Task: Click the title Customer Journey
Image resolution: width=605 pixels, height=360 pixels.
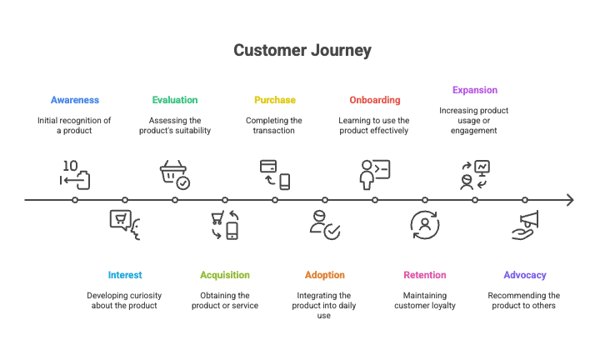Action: pos(302,50)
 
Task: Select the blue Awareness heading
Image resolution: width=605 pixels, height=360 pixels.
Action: pos(75,100)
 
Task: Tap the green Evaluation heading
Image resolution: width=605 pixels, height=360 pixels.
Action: pos(175,100)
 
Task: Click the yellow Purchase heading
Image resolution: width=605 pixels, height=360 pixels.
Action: pos(275,100)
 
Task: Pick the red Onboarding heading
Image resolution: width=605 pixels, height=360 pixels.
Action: pos(375,100)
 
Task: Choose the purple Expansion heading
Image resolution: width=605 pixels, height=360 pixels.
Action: pos(475,90)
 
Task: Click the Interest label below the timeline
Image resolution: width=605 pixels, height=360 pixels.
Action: pos(125,275)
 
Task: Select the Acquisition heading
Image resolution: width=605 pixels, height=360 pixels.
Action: pos(225,275)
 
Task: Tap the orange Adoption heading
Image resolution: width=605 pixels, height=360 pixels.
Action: pos(325,275)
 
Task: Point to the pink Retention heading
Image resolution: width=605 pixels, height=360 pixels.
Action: pos(425,275)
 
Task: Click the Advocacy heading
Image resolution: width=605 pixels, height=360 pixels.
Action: pos(525,275)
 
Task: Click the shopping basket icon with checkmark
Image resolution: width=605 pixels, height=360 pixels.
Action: pos(175,174)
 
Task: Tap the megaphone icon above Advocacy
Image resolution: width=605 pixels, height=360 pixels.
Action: pos(525,225)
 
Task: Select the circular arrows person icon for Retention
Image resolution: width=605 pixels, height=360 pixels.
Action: pos(425,225)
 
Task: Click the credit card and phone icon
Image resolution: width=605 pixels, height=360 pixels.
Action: pos(275,174)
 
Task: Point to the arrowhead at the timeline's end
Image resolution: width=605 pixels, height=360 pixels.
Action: pos(570,200)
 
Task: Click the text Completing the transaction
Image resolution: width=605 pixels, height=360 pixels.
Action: pos(275,126)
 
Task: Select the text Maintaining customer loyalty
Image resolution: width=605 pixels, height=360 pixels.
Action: pos(425,301)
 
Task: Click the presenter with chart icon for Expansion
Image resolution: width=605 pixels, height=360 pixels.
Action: pos(475,174)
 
